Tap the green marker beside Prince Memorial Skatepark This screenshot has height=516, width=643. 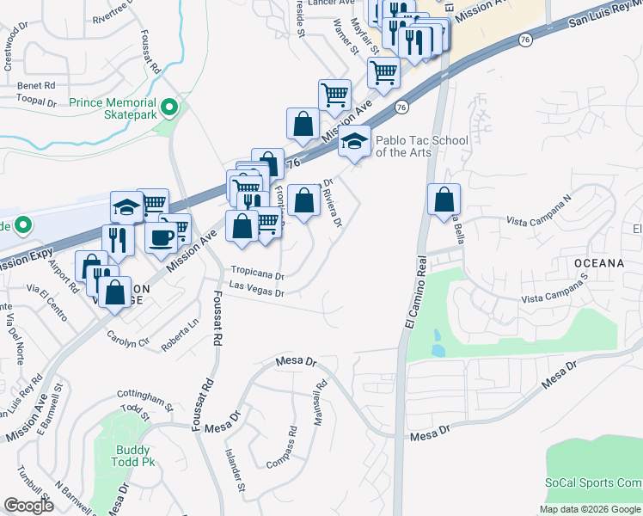pos(170,107)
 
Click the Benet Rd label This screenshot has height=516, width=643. pos(36,85)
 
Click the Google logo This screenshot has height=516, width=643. pos(29,505)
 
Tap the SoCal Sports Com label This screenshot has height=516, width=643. pos(593,483)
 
